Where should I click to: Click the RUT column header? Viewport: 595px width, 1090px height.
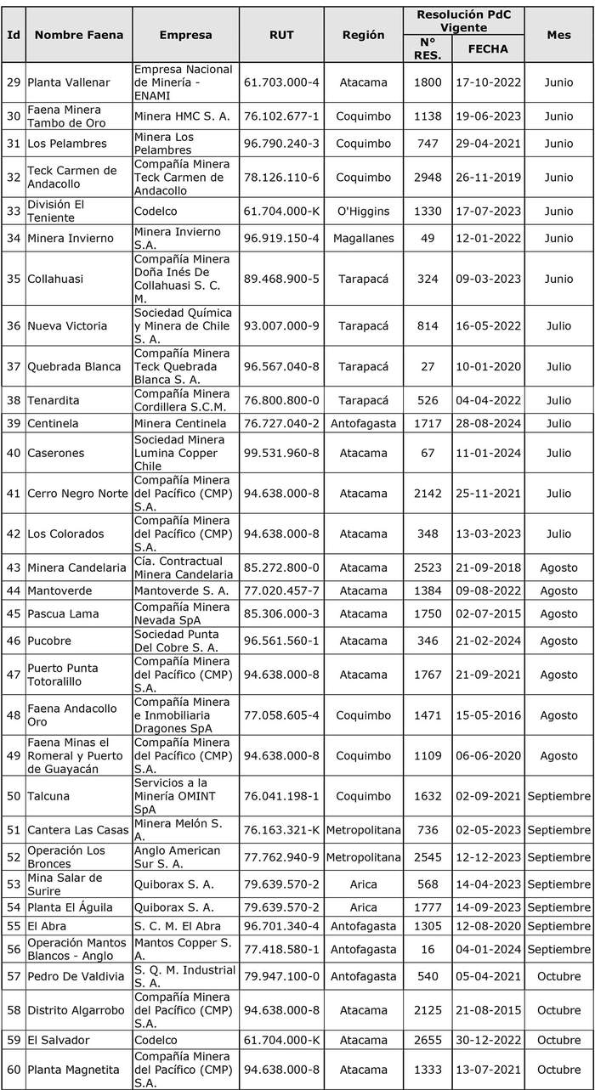click(281, 35)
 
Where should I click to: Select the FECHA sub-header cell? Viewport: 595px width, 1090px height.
click(487, 48)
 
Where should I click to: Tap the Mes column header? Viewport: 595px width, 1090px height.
click(558, 35)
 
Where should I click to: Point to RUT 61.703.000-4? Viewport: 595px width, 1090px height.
click(281, 82)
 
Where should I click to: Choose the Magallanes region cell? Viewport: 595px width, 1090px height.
click(363, 238)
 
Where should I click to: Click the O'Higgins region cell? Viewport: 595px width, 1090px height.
click(363, 211)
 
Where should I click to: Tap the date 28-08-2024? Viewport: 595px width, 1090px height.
click(487, 422)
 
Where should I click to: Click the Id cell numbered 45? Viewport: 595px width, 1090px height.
click(14, 613)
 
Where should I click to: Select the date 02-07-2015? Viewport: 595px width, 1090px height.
click(487, 613)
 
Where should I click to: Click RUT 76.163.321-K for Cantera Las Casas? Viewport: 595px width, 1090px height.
click(281, 829)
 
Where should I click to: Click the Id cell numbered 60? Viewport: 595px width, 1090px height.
click(14, 1070)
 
